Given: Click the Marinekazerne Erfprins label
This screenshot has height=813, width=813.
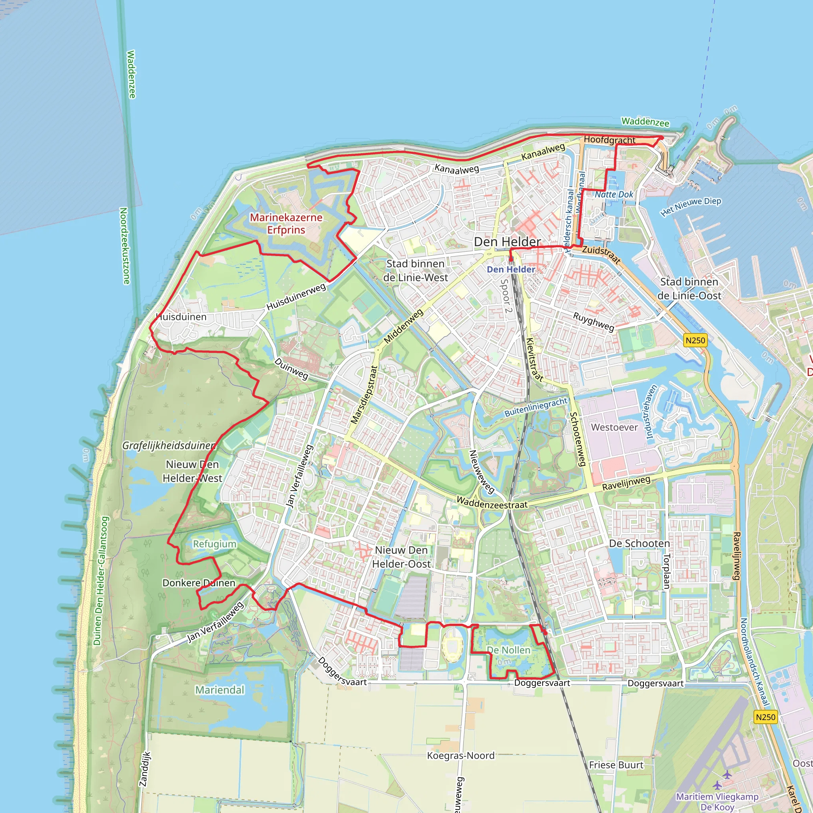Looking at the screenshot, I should coord(286,223).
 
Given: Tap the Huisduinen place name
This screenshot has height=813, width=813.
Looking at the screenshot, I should coord(181,317).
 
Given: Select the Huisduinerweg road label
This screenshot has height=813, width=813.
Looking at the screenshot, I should coord(296,297).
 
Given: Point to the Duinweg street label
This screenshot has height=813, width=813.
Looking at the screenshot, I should coord(291,369).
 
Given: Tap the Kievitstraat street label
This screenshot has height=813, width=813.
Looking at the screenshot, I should coord(535,359).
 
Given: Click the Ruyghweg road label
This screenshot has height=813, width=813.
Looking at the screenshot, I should coord(594,322).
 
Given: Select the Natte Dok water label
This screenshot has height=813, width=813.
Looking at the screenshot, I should coord(614,195).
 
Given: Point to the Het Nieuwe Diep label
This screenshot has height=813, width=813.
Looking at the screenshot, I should coord(691,206).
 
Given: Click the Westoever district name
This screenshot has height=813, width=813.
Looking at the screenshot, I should coord(614,427).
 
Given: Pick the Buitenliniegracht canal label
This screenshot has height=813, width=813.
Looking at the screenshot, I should coord(536,407).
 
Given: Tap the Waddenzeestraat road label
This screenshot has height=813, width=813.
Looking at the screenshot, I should coord(491,503).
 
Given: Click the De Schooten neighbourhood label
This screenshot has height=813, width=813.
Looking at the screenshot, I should coord(639,543).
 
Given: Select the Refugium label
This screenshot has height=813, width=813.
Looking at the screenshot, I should coord(215,544).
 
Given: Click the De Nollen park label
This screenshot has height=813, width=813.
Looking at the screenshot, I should coord(509,650).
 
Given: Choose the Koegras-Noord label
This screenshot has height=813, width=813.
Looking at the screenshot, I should coord(461,755).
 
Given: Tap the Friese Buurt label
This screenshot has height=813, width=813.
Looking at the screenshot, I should coord(616,765).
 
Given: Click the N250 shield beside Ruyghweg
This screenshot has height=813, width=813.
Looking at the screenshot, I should coord(695,340).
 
